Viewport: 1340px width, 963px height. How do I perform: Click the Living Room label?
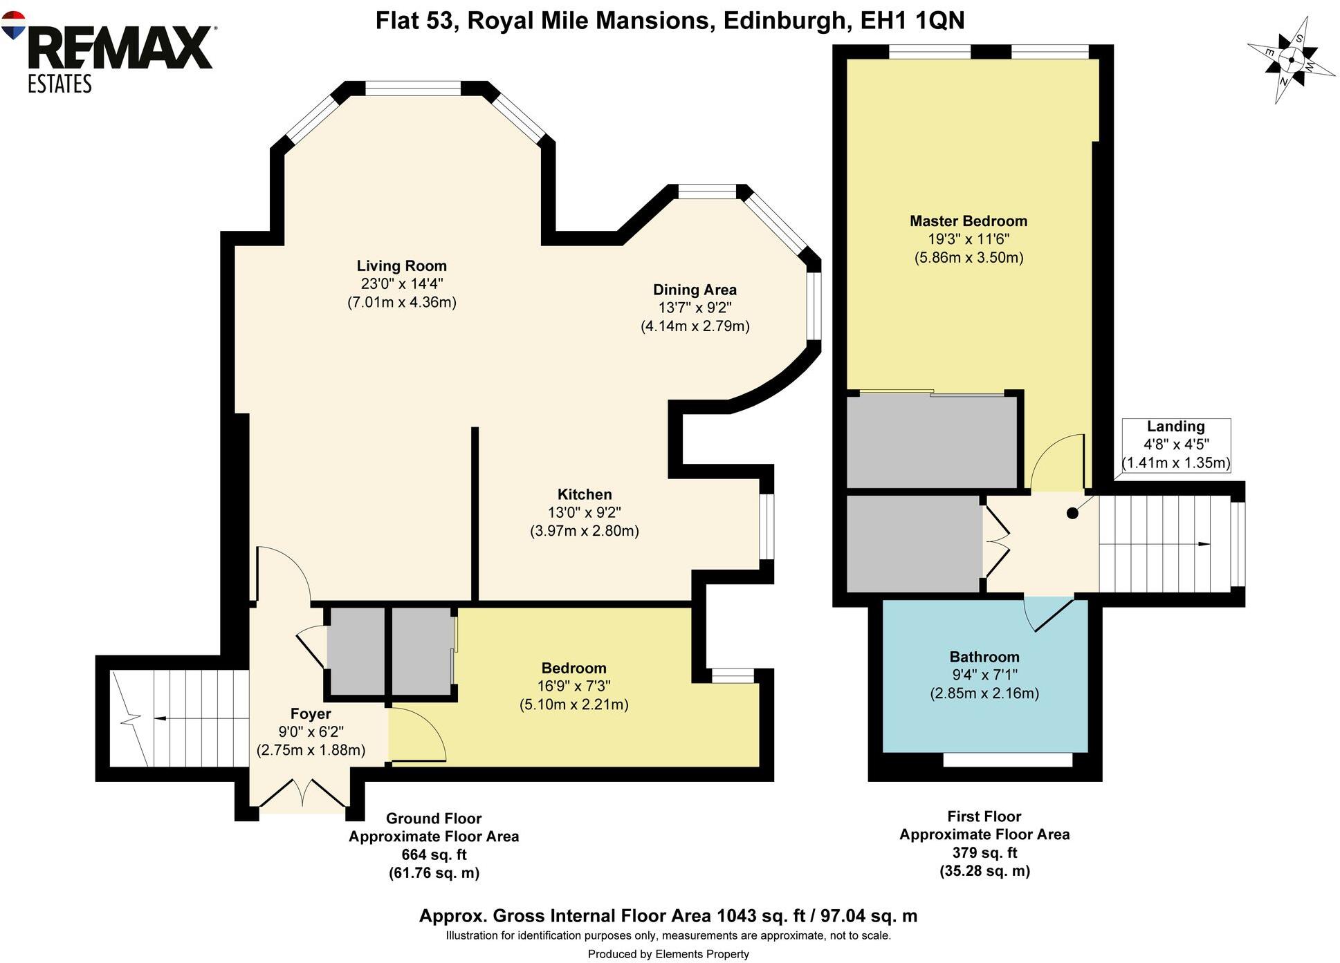(x=401, y=266)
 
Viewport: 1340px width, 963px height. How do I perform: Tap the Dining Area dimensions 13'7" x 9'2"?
(x=695, y=308)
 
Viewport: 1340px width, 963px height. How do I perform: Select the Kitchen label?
(x=585, y=494)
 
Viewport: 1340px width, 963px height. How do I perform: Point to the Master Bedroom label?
(x=968, y=221)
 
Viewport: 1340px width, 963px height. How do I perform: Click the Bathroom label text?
(x=984, y=657)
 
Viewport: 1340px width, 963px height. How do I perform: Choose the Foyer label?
(x=310, y=713)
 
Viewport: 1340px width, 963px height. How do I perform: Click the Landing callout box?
(x=1175, y=445)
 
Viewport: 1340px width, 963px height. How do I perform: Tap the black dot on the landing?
(x=1072, y=514)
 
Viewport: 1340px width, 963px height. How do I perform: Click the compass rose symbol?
(x=1291, y=61)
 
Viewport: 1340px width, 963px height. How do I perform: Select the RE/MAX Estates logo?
(x=111, y=52)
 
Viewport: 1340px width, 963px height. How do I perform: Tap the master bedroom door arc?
(x=1056, y=460)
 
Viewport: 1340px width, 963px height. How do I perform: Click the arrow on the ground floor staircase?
(x=160, y=719)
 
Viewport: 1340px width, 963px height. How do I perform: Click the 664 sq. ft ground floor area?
(x=434, y=854)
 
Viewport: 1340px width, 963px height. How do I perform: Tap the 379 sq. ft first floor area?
(x=984, y=852)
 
